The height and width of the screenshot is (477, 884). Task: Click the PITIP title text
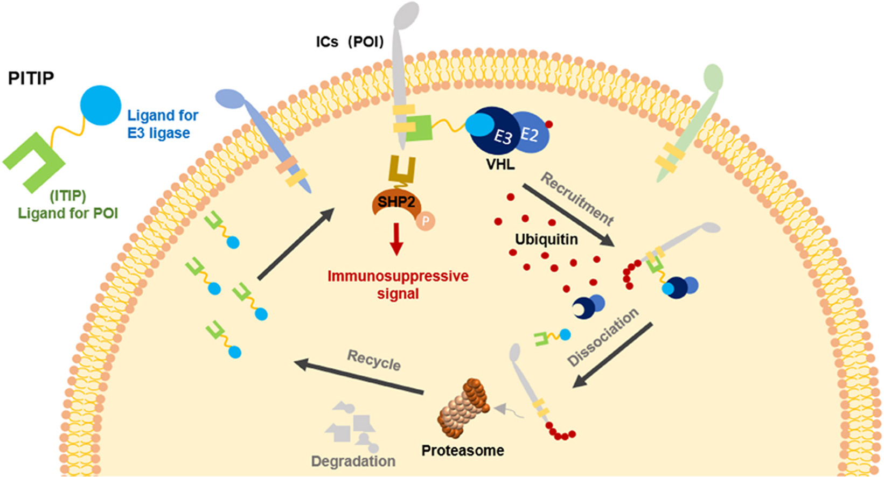pyautogui.click(x=31, y=79)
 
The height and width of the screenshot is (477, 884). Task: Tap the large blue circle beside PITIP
pyautogui.click(x=101, y=106)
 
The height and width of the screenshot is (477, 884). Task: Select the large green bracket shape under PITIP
pyautogui.click(x=33, y=160)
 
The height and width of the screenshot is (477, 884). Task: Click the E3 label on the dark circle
pyautogui.click(x=502, y=137)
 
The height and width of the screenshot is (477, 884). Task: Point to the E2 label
pyautogui.click(x=530, y=134)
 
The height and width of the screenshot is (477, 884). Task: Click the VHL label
pyautogui.click(x=500, y=164)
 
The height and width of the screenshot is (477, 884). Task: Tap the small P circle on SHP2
pyautogui.click(x=426, y=221)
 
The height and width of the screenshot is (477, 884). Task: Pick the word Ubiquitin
pyautogui.click(x=546, y=239)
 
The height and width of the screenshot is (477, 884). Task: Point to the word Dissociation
pyautogui.click(x=603, y=338)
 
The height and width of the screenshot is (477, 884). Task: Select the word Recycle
pyautogui.click(x=374, y=360)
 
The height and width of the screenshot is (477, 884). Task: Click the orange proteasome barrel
pyautogui.click(x=463, y=408)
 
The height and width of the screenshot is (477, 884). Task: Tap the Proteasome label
pyautogui.click(x=463, y=450)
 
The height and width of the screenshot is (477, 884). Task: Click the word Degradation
pyautogui.click(x=353, y=461)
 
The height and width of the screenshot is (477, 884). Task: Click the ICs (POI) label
pyautogui.click(x=350, y=41)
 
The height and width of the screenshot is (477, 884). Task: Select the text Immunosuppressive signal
pyautogui.click(x=398, y=285)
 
